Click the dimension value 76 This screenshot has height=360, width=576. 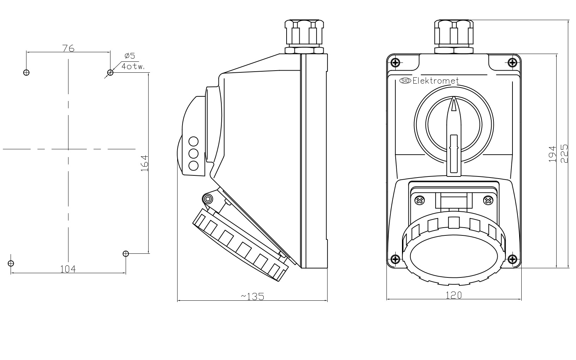click(68, 48)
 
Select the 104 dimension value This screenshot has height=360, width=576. click(68, 269)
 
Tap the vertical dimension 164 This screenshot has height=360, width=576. click(144, 163)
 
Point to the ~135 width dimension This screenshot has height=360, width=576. click(252, 296)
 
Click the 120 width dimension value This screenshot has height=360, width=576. click(454, 295)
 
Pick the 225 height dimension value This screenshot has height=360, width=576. click(564, 153)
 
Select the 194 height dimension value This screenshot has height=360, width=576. click(553, 154)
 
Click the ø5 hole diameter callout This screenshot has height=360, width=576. click(130, 56)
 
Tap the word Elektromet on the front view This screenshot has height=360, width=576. click(436, 81)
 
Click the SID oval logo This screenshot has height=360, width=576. click(405, 81)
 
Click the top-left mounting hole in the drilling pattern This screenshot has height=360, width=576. click(26, 73)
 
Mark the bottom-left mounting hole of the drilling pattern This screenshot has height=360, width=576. click(11, 263)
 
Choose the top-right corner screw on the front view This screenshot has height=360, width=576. click(512, 63)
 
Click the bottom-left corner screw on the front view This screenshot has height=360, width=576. click(395, 259)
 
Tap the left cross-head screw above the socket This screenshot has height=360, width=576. click(420, 201)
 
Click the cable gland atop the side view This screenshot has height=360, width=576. click(304, 37)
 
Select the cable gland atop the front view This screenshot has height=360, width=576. click(454, 37)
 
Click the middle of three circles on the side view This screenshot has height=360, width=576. click(193, 154)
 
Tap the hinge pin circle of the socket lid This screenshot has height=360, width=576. click(208, 199)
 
